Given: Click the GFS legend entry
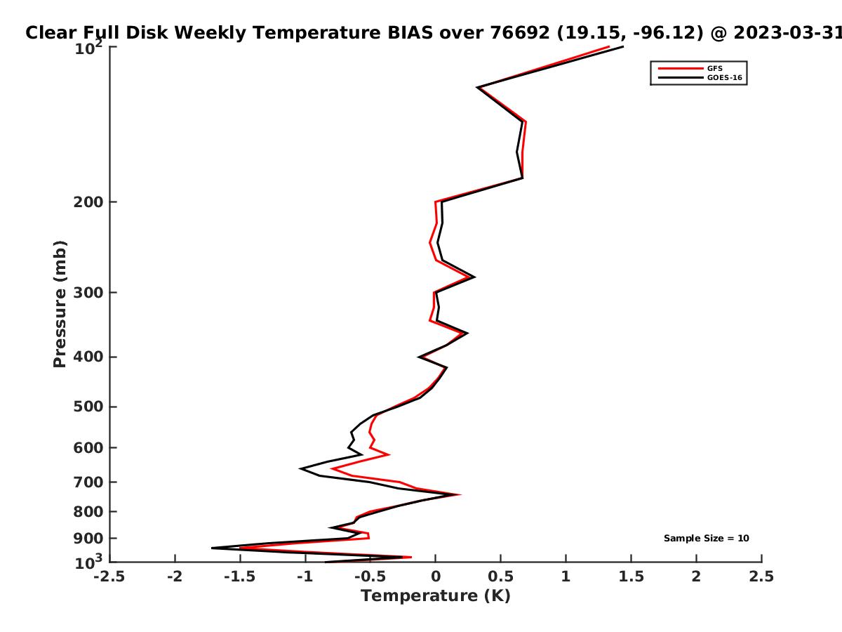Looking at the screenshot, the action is tap(714, 68).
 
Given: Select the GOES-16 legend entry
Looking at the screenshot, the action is tap(724, 77).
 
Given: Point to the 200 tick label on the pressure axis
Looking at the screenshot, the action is tap(88, 202).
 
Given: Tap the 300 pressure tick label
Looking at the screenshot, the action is tap(88, 292).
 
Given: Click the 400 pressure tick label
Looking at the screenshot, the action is tap(88, 357).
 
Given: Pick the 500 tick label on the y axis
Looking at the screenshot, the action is tap(88, 407).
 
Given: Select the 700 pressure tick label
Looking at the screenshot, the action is tap(88, 482).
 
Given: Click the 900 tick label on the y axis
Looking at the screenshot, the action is tap(88, 539).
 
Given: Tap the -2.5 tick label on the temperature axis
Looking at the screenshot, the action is tap(109, 577).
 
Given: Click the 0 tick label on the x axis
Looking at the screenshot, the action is tap(436, 577).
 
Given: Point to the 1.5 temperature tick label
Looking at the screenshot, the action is tap(631, 577).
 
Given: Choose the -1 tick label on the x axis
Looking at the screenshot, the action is tap(305, 577).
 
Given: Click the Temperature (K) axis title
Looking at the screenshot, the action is tap(436, 596).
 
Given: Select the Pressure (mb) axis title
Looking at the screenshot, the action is tap(60, 304).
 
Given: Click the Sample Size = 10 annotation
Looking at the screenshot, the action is tap(706, 538).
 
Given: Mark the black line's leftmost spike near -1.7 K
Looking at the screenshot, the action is tap(212, 548).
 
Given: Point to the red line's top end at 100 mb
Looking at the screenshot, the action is tap(609, 47).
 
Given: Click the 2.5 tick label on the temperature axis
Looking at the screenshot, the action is tap(761, 577).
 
